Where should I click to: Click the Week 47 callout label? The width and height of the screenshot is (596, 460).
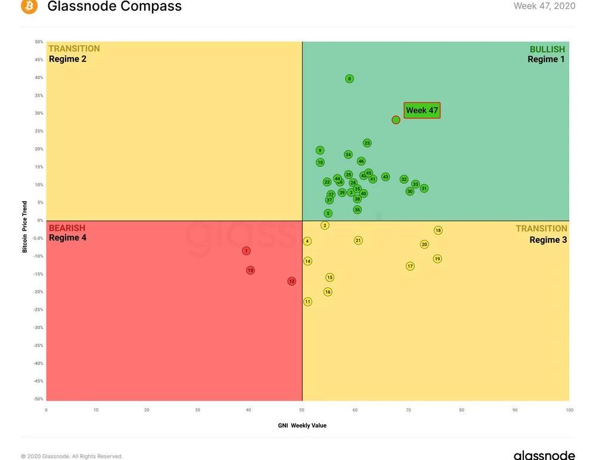point(422,110)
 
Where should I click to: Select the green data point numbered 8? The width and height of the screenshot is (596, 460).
point(349,79)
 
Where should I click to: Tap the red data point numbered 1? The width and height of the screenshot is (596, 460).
point(246,251)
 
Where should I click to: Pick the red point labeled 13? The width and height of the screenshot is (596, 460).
point(250,270)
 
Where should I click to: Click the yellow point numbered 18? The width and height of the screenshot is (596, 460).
point(437,230)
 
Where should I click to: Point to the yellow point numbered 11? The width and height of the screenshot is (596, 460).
point(308,302)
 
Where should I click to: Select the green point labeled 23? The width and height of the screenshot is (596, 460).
point(367,143)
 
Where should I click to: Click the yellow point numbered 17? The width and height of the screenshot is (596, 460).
point(410,266)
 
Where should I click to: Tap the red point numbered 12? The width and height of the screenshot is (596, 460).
point(291,281)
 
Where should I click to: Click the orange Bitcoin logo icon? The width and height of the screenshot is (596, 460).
point(29,7)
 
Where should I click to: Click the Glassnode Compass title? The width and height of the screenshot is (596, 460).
point(114,7)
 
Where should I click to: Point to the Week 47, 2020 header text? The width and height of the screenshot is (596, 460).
point(544,6)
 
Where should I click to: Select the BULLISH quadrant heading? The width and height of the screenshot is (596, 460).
point(547,49)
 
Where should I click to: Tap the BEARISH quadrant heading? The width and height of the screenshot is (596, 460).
point(67,228)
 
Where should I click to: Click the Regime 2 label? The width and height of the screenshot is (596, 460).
point(67,59)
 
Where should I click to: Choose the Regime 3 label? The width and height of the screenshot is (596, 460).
point(548,240)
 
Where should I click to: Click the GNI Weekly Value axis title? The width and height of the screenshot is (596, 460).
point(302,425)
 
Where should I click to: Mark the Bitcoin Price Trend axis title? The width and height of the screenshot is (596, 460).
point(25,227)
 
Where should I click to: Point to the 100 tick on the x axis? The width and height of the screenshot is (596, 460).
point(569,410)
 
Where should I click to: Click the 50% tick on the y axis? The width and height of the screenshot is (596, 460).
point(39,42)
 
